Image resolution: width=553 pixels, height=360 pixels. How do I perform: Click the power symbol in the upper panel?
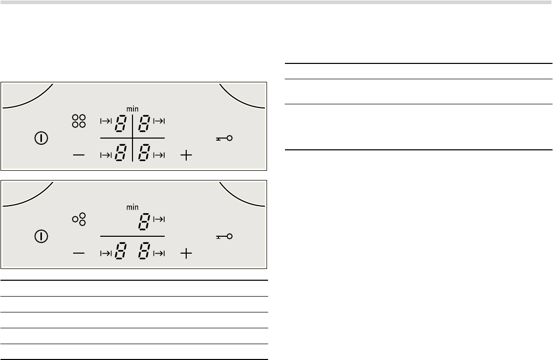point(41,138)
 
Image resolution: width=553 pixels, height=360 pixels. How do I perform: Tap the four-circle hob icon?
point(79,121)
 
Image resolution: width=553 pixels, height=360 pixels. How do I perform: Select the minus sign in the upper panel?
point(79,155)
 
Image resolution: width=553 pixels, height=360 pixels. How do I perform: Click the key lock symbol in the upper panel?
point(224,138)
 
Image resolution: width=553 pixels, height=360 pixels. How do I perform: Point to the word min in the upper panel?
point(132,109)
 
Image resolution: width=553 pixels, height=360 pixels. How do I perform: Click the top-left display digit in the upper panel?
point(120,124)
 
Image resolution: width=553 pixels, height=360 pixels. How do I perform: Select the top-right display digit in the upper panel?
point(144,124)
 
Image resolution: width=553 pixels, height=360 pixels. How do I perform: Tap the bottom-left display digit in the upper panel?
point(120,153)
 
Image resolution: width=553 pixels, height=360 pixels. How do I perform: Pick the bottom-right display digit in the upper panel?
point(144,153)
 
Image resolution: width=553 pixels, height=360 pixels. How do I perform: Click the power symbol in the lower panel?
point(41,236)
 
